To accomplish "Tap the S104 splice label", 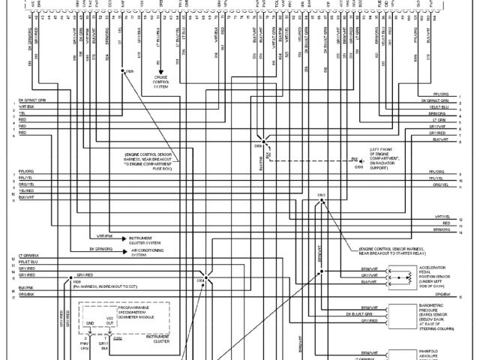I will point(200,280).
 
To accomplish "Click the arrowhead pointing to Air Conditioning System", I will point(124,249).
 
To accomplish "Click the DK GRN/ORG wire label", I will point(102,249).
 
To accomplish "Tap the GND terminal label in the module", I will point(90,324).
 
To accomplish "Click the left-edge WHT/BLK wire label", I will point(27,106).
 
